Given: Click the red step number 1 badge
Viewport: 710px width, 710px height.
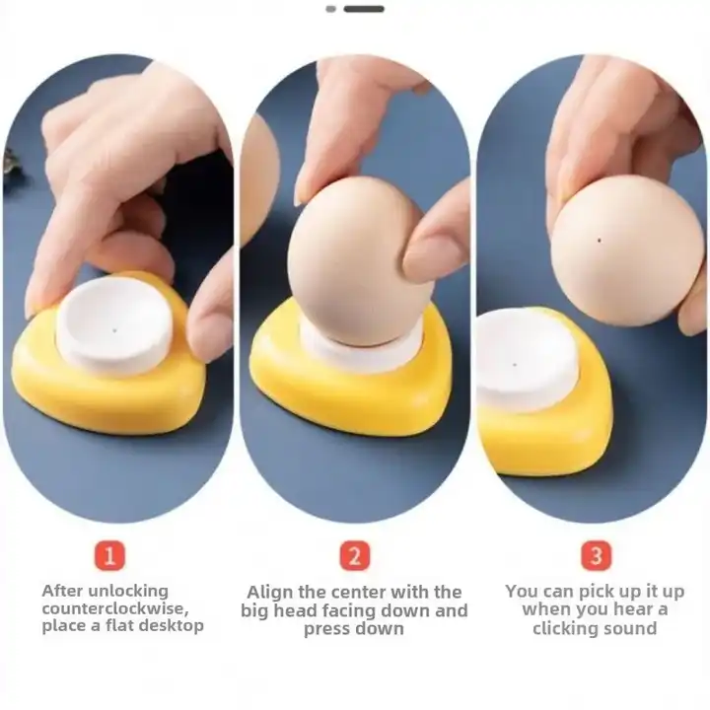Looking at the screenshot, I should tap(109, 555).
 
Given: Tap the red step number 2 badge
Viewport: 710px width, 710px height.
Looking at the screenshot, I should tap(354, 555).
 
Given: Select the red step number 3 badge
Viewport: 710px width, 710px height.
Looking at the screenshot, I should tap(595, 555).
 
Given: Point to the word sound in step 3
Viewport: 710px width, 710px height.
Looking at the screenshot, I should tap(632, 629).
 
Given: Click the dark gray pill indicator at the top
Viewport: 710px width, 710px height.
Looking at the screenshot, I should tap(364, 9).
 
